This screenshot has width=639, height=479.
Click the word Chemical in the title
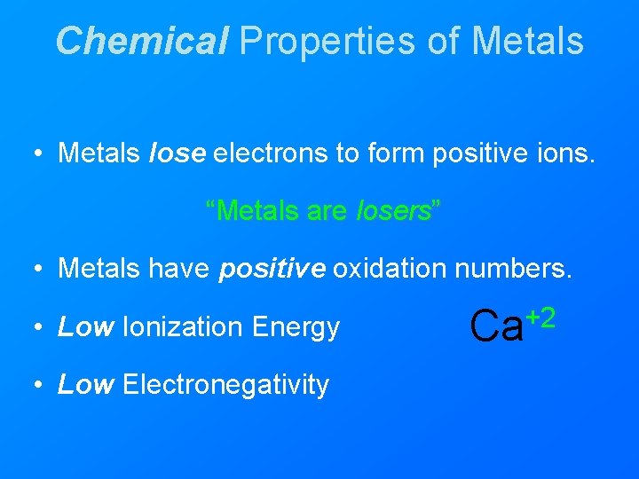[141, 41]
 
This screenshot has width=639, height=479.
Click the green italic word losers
[392, 210]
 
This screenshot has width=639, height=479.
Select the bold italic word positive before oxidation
[272, 269]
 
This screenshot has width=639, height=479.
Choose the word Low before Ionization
[84, 327]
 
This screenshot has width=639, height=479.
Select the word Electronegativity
[225, 385]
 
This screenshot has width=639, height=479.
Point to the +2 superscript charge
[541, 316]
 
